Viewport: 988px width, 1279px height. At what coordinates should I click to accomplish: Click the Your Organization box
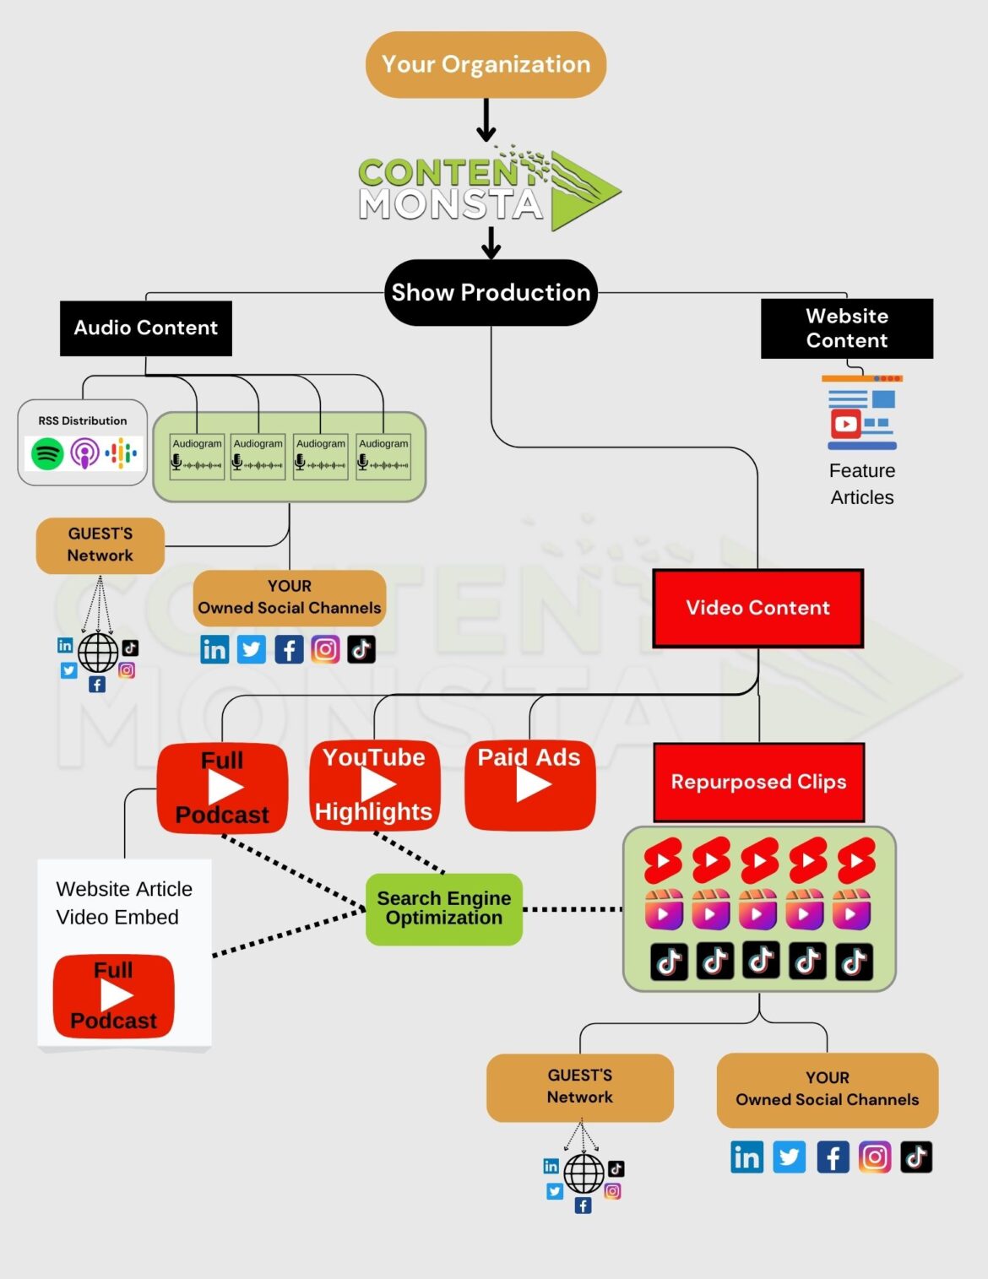[x=486, y=65]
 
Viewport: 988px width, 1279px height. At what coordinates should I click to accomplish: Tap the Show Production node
[x=491, y=292]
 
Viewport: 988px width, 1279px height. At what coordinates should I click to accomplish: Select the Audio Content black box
[x=145, y=328]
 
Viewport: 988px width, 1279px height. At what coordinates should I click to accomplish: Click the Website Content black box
[x=846, y=328]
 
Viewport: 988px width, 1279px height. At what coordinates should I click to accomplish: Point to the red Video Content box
[x=757, y=608]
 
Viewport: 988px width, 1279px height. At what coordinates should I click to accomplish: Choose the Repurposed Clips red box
[x=758, y=782]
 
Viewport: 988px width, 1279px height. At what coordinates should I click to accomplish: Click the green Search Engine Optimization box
[x=444, y=908]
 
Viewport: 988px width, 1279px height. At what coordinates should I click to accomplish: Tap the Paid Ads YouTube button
[x=530, y=785]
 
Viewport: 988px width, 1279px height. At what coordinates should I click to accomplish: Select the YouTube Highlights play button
[x=375, y=785]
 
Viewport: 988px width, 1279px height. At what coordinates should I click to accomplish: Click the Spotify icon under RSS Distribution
[x=47, y=454]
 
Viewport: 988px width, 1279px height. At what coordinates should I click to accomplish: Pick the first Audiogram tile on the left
[x=197, y=456]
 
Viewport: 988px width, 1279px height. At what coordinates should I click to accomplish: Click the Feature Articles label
[x=861, y=484]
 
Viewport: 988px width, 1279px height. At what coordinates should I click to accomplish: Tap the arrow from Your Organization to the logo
[x=486, y=120]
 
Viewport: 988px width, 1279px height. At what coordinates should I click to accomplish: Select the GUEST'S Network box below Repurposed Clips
[x=579, y=1087]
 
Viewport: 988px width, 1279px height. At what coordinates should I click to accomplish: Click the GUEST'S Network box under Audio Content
[x=100, y=545]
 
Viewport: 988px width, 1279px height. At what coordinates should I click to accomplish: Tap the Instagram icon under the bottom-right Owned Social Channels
[x=875, y=1157]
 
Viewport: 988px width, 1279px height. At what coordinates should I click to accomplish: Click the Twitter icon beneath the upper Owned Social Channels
[x=252, y=649]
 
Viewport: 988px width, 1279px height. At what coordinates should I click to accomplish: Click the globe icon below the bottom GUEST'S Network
[x=584, y=1173]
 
